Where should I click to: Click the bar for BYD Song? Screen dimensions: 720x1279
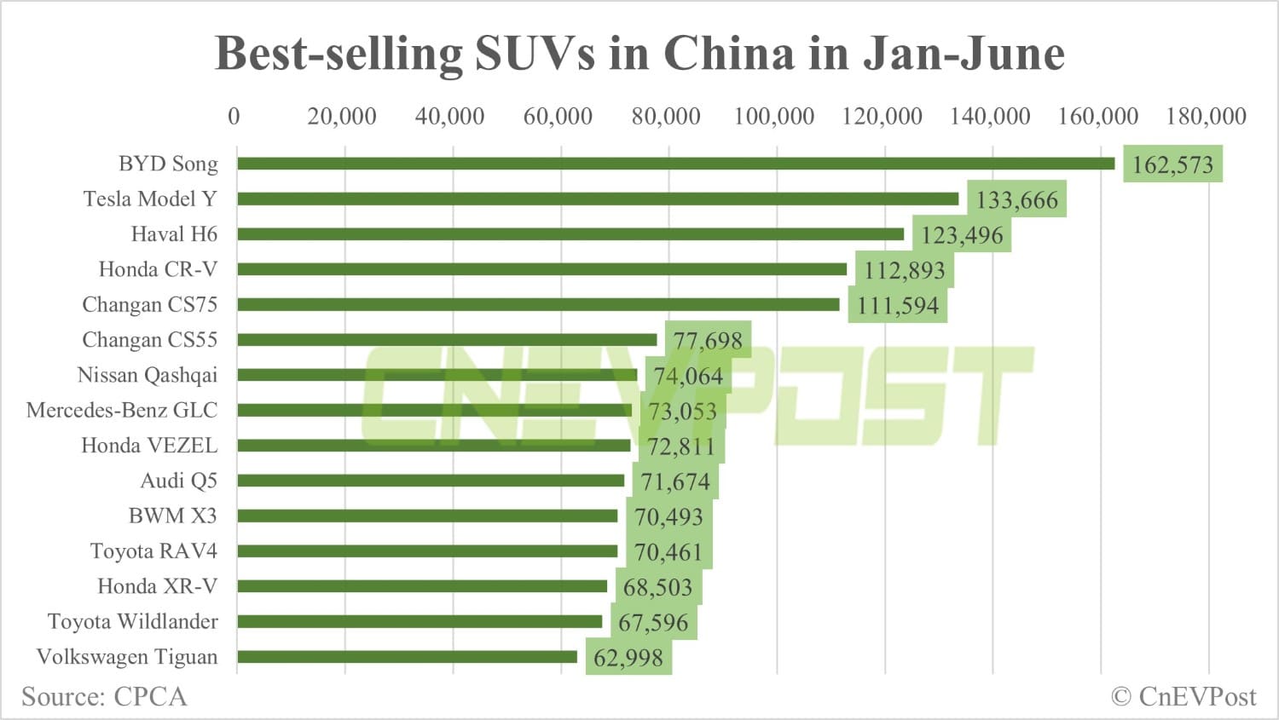(675, 164)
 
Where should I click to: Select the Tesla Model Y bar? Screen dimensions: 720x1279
(597, 199)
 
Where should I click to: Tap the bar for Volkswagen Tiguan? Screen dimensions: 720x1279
(407, 657)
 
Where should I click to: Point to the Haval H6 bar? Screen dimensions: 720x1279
(570, 234)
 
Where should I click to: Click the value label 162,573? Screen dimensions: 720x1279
(1172, 164)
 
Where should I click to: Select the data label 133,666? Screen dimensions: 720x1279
(1016, 200)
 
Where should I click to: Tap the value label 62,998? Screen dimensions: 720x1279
(628, 658)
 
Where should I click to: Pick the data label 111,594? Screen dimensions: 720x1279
(898, 305)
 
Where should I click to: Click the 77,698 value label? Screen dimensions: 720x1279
(708, 341)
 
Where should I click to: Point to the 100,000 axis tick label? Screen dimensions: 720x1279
(774, 117)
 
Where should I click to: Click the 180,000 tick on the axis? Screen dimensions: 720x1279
(1206, 117)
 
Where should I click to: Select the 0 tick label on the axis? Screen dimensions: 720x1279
(234, 117)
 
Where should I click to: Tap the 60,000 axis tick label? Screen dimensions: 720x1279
(558, 117)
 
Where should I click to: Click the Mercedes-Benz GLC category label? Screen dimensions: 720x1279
(122, 410)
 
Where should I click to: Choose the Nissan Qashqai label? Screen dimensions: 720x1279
(147, 375)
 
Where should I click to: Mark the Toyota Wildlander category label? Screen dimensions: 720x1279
(132, 621)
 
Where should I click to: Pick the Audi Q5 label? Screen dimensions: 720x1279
(178, 481)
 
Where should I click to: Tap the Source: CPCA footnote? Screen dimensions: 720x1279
(104, 697)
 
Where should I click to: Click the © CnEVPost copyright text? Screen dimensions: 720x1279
(1184, 697)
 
